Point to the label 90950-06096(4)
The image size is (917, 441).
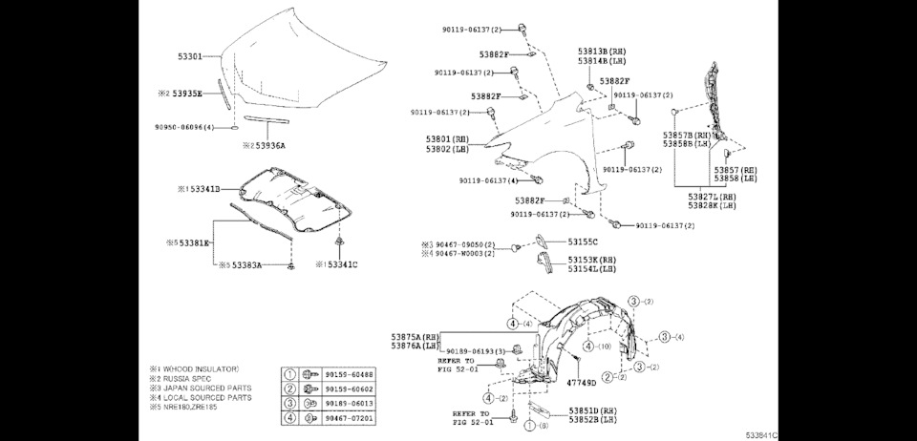coord(184,126)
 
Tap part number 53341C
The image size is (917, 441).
coord(342,264)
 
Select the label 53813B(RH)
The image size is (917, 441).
coord(602,50)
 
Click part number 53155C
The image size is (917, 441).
coord(583,242)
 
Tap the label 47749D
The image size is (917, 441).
coord(581,383)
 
